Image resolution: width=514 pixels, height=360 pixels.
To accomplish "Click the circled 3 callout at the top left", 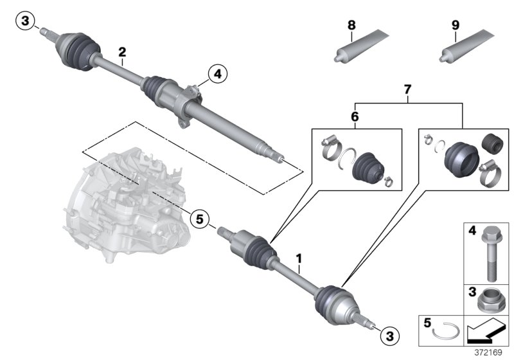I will pos(24,22).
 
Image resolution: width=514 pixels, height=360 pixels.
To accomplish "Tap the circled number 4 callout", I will pos(217,75).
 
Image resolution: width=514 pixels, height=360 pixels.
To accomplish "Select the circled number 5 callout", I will pos(200,220).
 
